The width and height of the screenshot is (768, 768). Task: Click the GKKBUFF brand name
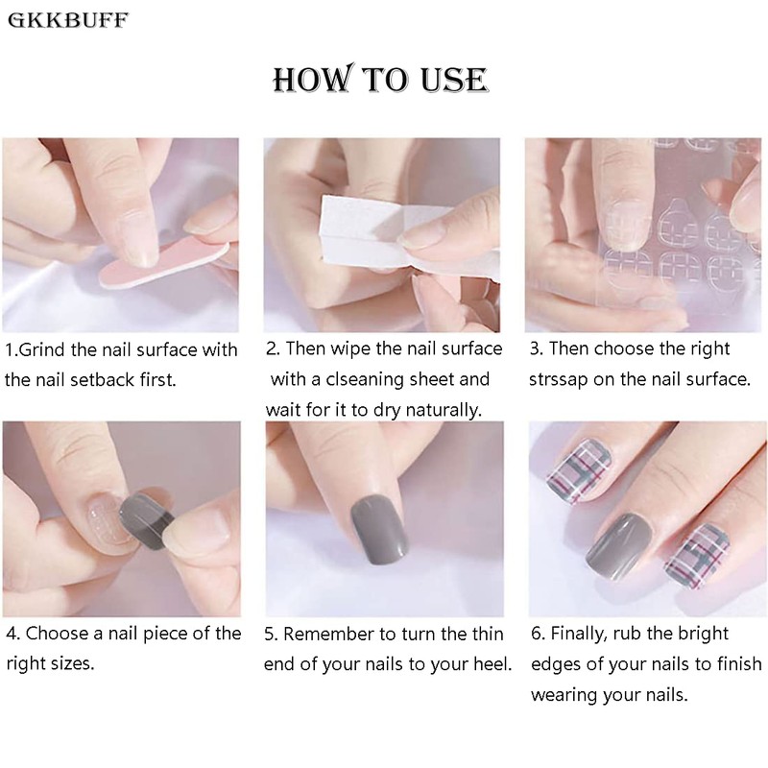(68, 20)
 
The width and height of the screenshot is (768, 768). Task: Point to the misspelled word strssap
(559, 380)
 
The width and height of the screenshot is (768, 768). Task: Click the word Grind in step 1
(41, 349)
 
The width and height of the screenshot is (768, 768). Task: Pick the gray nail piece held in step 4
(146, 519)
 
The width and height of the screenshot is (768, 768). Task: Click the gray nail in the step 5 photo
(379, 530)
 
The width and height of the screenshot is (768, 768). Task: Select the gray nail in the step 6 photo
(618, 546)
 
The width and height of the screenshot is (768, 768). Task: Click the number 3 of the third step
(535, 349)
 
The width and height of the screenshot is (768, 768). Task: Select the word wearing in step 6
(564, 695)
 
